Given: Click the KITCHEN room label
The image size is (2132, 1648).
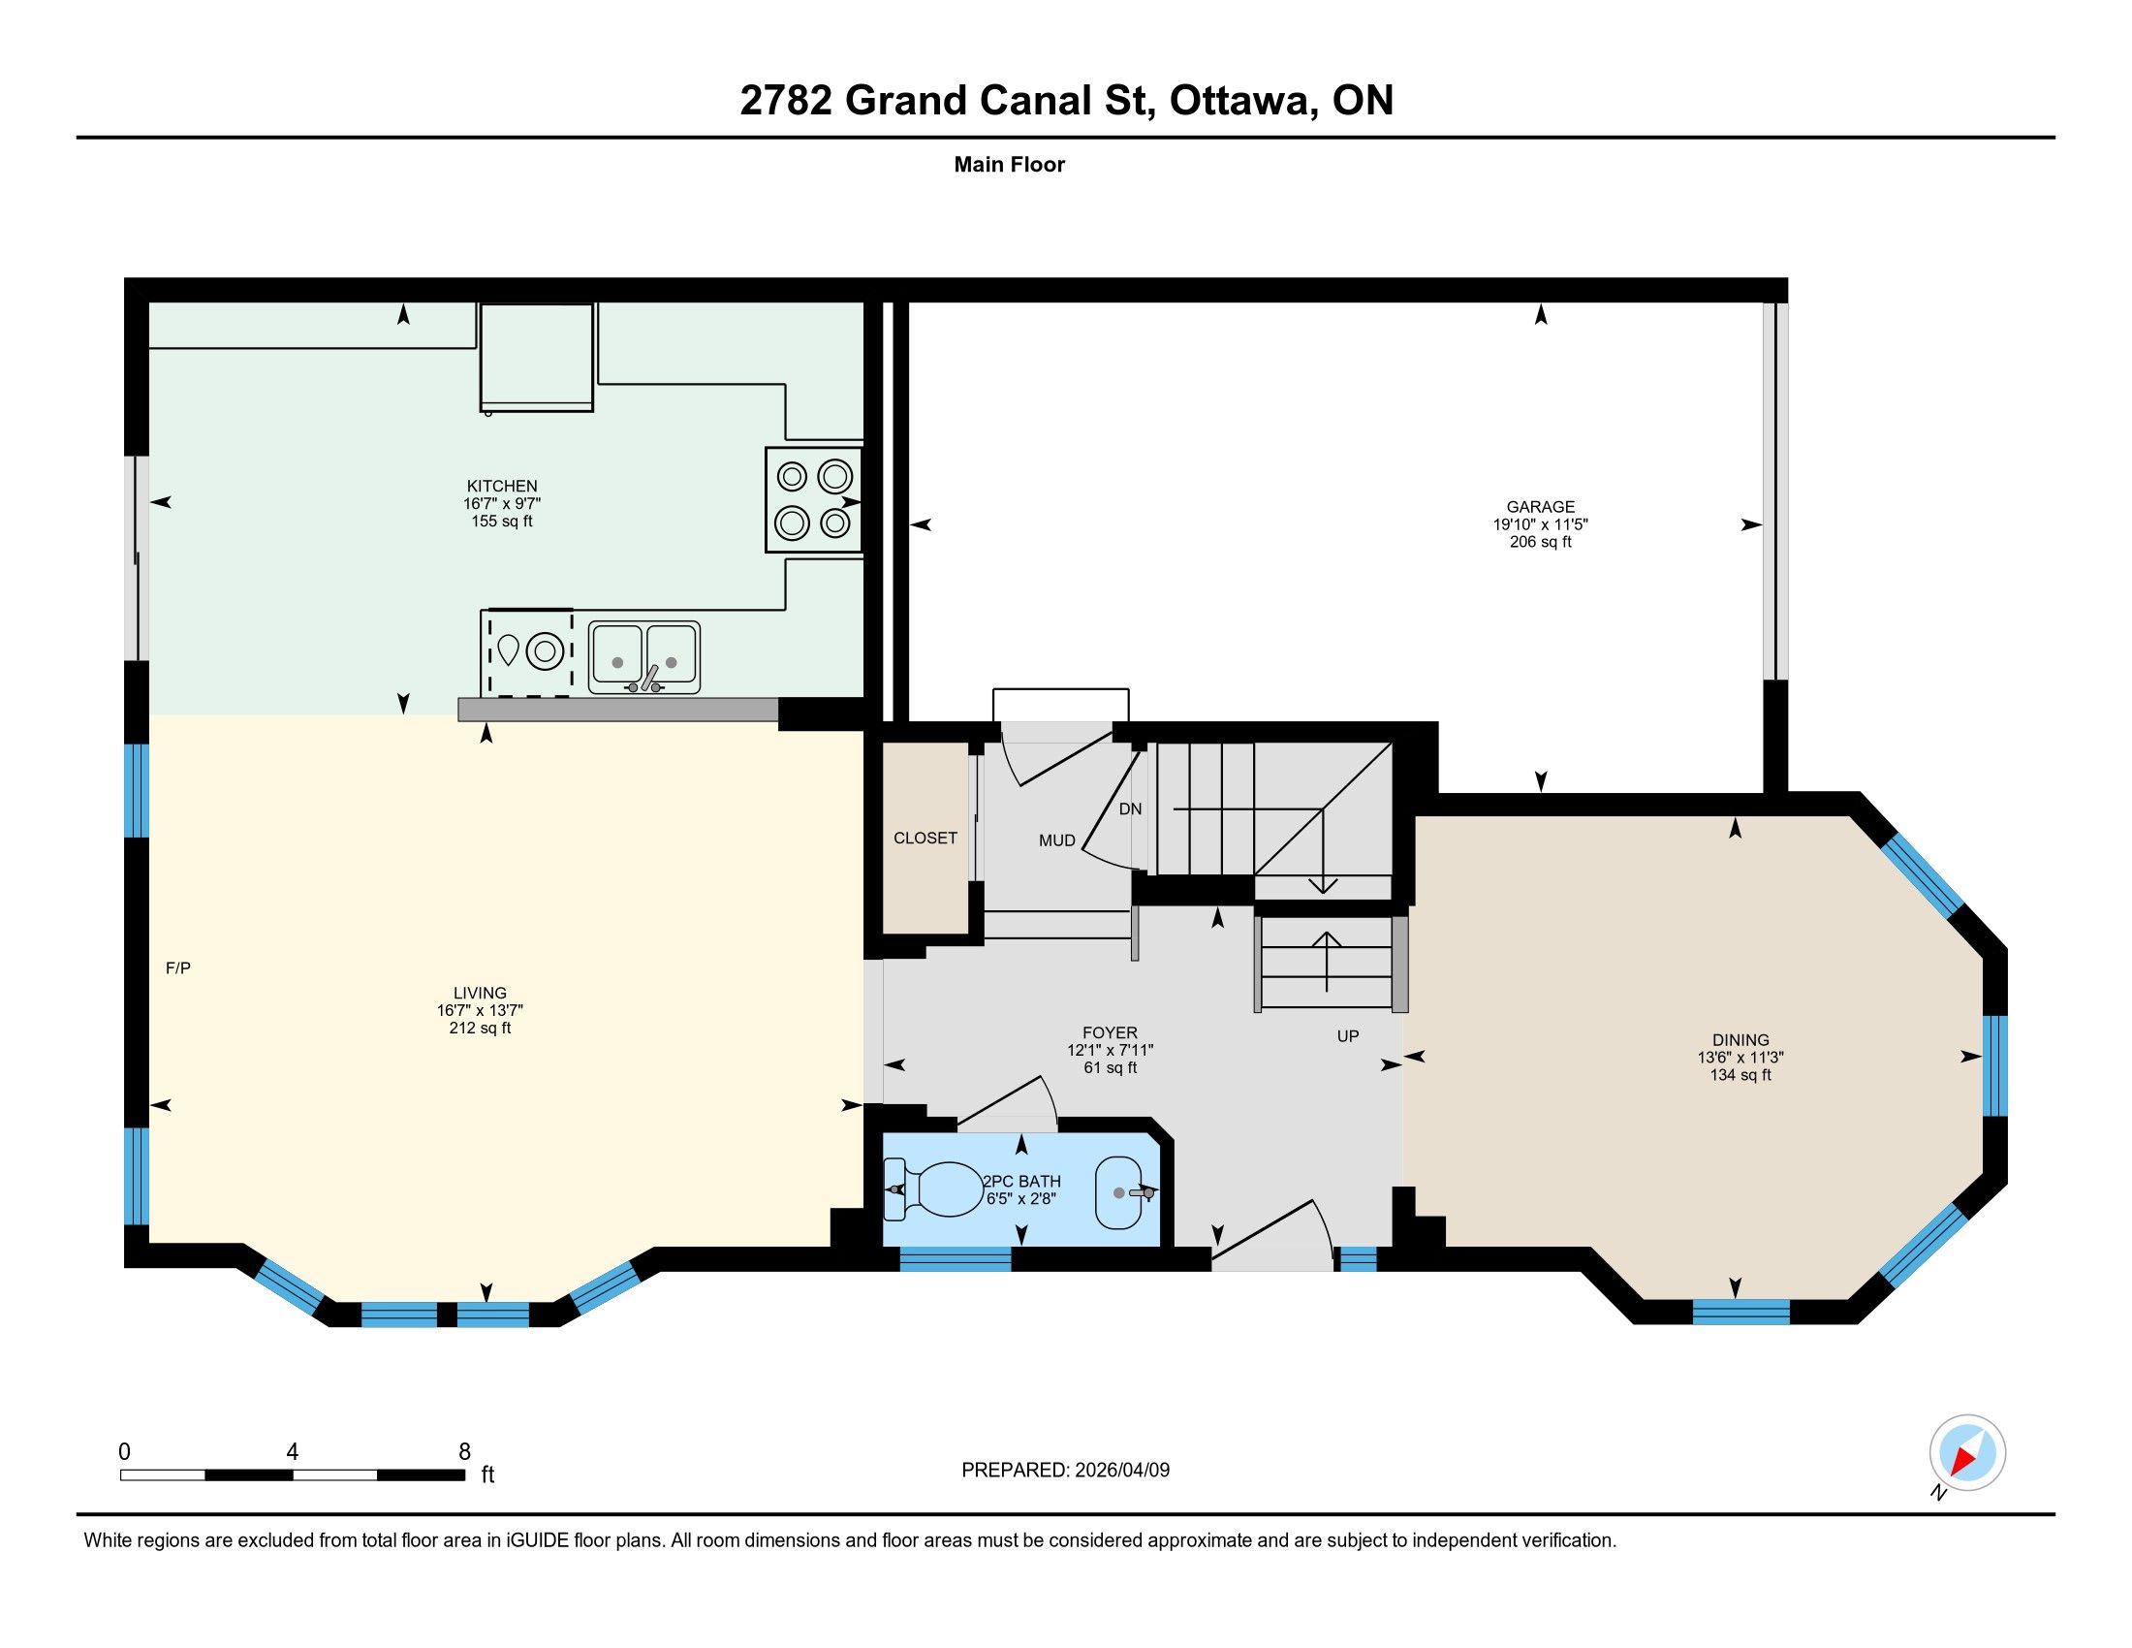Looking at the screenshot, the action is coord(502,487).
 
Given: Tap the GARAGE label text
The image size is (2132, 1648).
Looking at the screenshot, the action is coord(1541,507).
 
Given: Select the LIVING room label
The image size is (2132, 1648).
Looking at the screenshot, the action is coord(481,993).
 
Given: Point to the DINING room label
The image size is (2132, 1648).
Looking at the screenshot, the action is coord(1740,1040).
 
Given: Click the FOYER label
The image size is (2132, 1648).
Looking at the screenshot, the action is coord(1110,1033).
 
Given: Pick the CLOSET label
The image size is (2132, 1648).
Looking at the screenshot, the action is coord(925,838).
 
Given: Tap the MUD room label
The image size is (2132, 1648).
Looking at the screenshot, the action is coord(1057,840).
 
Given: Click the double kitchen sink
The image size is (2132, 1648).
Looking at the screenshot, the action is coord(644,658).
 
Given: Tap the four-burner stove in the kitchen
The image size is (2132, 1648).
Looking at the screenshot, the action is coord(813,500).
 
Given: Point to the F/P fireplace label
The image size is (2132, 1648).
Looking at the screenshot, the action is coord(177,968).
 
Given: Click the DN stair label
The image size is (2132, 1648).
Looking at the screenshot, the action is coord(1130,809).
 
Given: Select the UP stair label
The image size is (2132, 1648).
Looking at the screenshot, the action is coord(1348,1036).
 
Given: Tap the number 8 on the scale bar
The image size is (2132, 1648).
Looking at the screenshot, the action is coord(464,1452).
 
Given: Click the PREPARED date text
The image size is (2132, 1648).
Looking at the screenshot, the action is coord(1065,1470).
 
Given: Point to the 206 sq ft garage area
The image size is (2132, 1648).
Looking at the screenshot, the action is coord(1541,542).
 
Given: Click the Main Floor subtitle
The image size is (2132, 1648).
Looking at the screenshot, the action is coord(1010,164).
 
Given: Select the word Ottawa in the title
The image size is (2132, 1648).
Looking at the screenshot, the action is coord(1239,101).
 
